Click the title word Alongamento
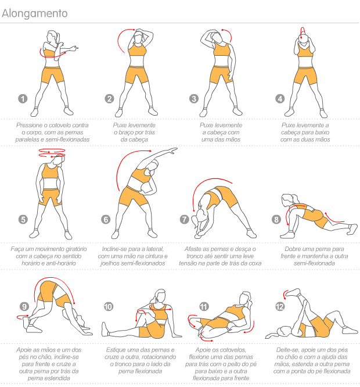click(34, 13)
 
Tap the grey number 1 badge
click(23, 99)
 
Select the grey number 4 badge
click(280, 99)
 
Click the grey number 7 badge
click(185, 219)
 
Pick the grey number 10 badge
click(109, 307)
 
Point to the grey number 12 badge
click(280, 307)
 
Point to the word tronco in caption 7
click(195, 256)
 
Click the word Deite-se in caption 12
click(287, 350)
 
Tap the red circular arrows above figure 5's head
click(52, 153)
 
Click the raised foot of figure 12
click(293, 292)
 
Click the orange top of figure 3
click(222, 49)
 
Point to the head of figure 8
click(287, 200)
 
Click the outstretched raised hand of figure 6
click(172, 150)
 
